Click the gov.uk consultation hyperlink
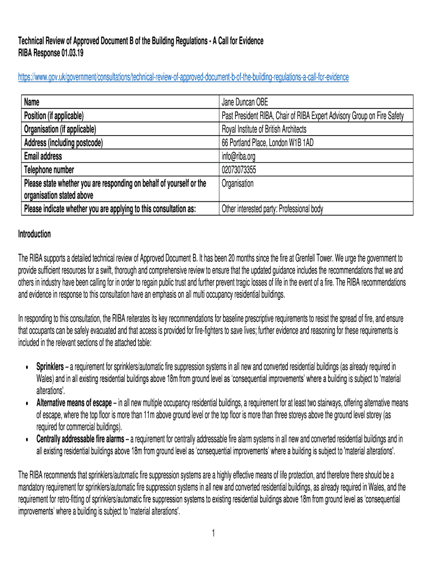pos(184,77)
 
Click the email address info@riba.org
pos(240,156)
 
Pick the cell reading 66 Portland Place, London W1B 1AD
pos(267,143)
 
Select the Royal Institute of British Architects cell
pos(263,130)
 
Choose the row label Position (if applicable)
pos(54,116)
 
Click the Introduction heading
pos(34,234)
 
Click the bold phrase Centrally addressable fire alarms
pos(80,439)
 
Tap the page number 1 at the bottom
pos(213,533)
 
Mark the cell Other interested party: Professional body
pos(272,209)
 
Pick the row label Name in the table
pos(32,102)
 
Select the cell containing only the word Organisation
pos(237,183)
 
